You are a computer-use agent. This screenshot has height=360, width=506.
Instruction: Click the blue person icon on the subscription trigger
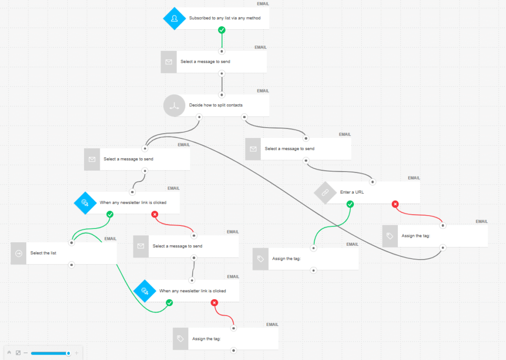(174, 18)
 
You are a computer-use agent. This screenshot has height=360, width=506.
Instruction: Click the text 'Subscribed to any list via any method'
(225, 18)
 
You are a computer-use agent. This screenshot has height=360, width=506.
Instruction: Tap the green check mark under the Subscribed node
(222, 30)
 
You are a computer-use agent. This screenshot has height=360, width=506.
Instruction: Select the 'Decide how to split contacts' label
(216, 105)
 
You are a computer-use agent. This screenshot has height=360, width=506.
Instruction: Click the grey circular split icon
(174, 105)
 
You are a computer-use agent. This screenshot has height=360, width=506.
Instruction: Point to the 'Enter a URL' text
(352, 192)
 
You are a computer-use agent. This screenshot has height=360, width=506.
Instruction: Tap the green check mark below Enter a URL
(350, 204)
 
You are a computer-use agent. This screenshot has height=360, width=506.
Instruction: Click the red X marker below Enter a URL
(395, 204)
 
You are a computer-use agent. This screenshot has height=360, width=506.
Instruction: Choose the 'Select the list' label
(43, 253)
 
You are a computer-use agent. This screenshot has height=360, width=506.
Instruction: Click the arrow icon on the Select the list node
(19, 253)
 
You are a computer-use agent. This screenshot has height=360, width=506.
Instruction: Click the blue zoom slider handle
(69, 353)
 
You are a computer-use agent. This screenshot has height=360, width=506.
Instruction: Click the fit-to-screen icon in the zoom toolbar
(18, 353)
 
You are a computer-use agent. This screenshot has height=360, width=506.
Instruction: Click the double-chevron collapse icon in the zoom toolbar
(9, 353)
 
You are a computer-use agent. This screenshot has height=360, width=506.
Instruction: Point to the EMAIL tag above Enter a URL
(414, 178)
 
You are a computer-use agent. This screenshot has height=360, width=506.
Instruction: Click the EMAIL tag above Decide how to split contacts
(263, 91)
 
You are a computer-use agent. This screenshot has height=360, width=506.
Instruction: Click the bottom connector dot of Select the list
(72, 265)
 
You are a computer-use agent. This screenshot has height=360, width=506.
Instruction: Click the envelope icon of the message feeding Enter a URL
(253, 149)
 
